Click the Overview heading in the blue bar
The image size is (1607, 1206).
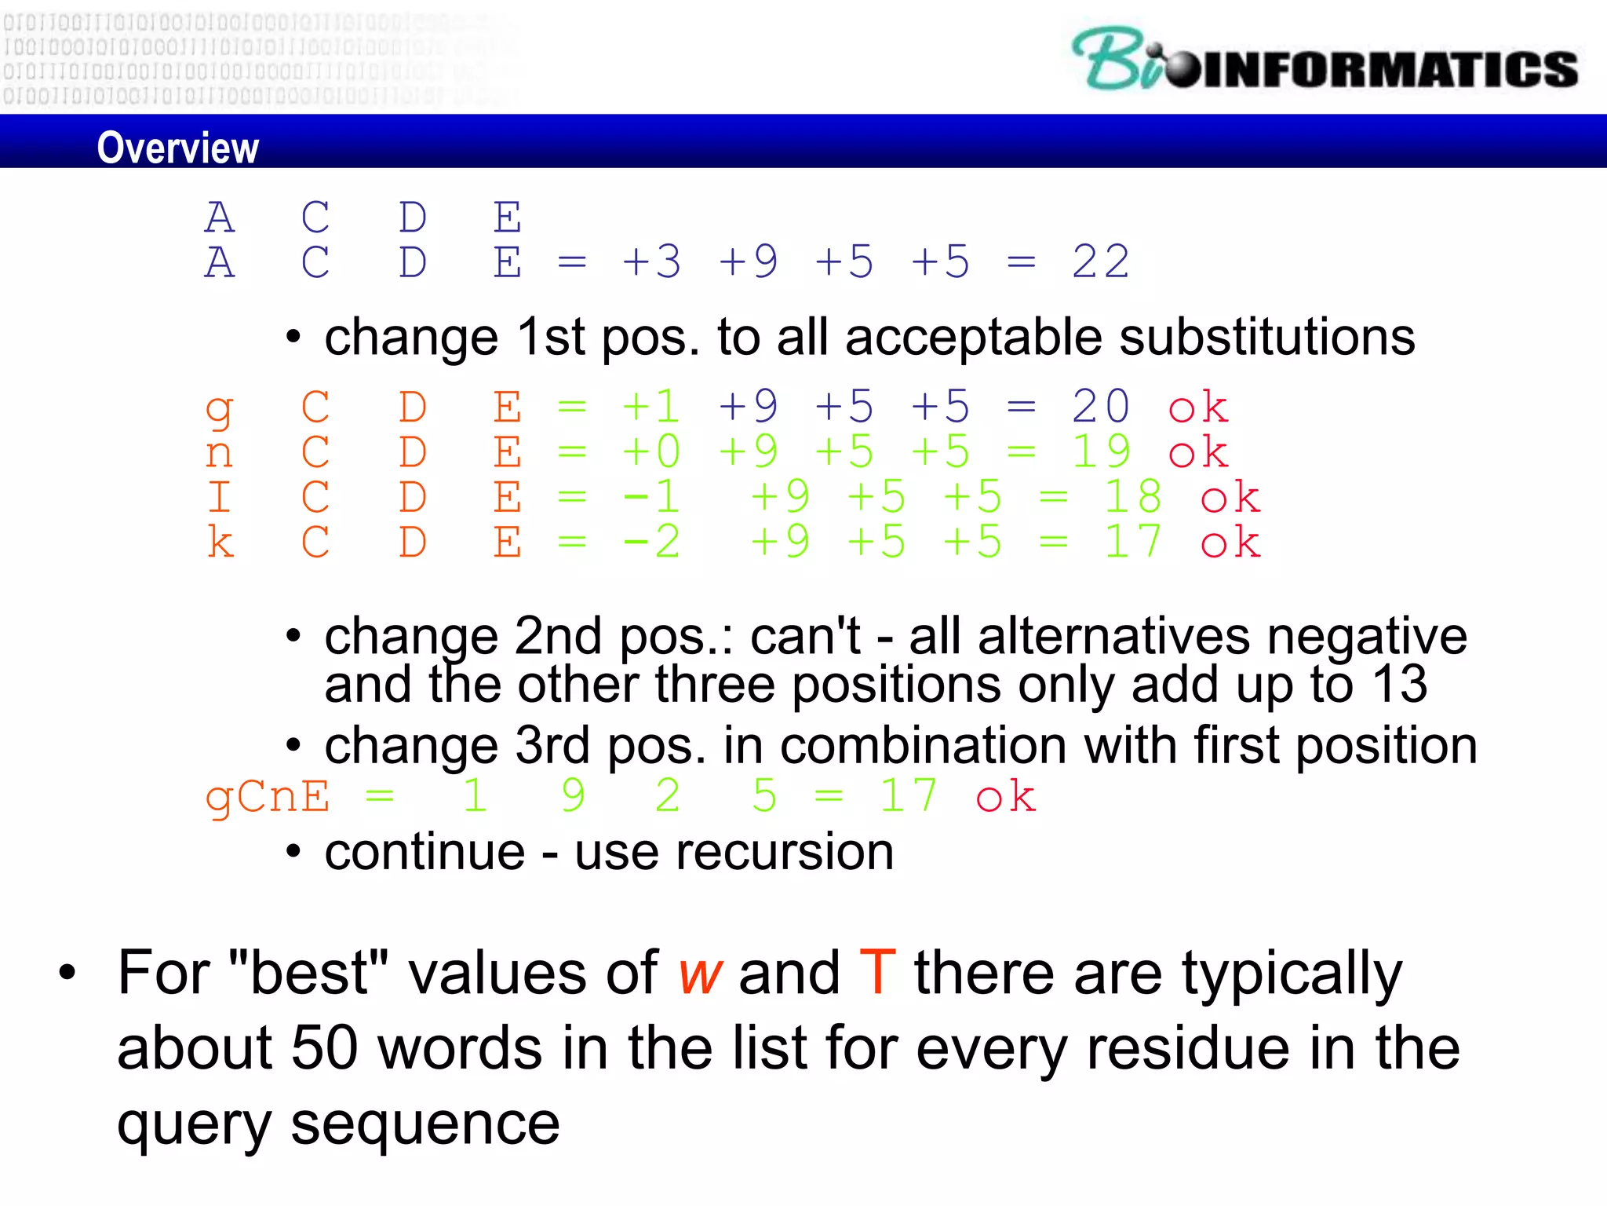[177, 148]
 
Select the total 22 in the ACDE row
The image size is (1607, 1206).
[1100, 262]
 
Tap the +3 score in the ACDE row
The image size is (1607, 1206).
[651, 262]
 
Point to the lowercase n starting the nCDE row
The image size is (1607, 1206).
[219, 454]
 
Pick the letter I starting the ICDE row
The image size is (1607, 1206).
[219, 498]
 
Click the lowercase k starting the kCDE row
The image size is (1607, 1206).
[220, 543]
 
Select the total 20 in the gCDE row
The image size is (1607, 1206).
[1100, 407]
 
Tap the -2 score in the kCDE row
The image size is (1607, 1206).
[651, 543]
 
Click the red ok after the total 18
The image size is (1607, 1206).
[1230, 498]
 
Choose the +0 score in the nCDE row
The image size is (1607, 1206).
[651, 452]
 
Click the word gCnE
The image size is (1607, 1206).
[267, 798]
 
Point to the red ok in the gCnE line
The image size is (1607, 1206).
[1005, 798]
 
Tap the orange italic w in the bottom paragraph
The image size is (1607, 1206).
[699, 974]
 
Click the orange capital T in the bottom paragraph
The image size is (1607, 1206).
[877, 973]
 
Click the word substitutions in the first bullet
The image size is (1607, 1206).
[1266, 338]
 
